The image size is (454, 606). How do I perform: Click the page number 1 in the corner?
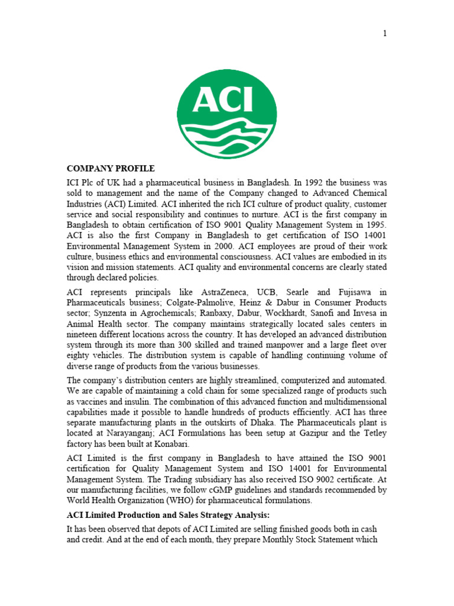[385, 33]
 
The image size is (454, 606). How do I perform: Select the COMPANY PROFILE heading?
[111, 169]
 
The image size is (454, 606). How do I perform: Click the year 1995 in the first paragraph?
[375, 225]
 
